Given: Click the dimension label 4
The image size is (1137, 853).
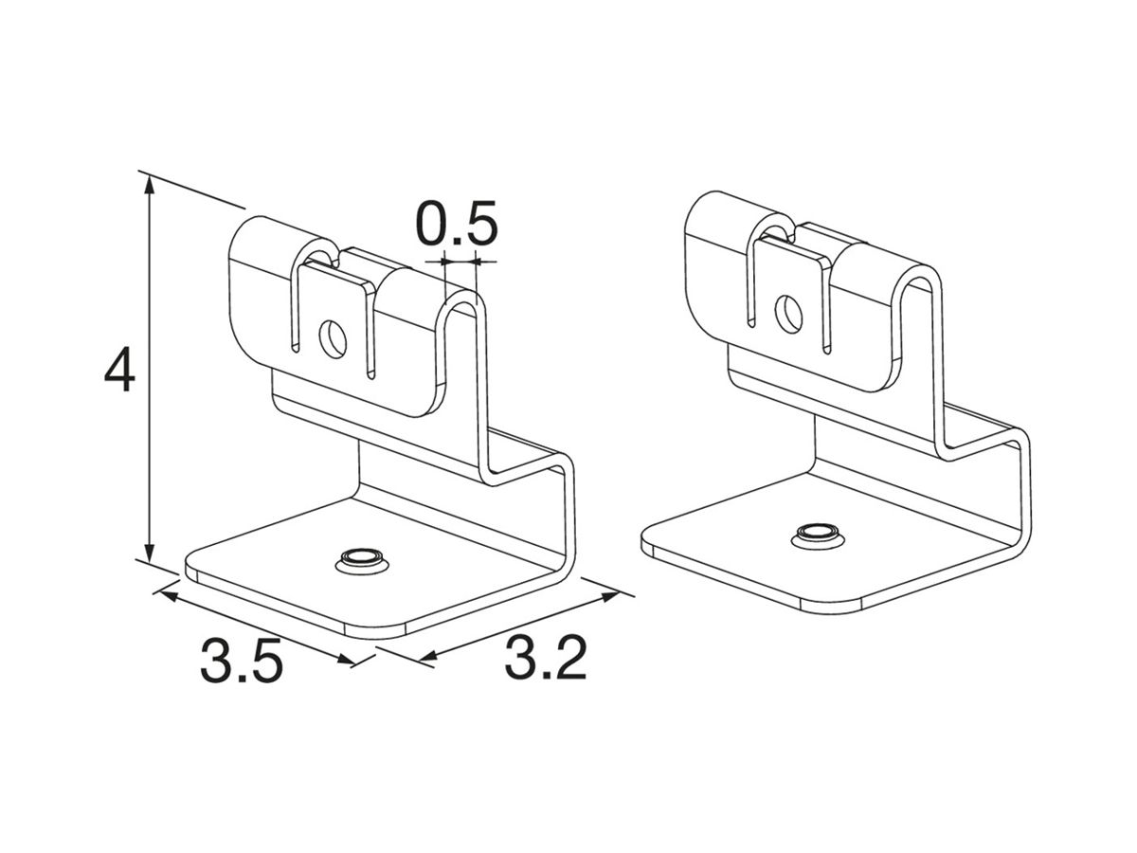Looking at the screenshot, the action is click(120, 370).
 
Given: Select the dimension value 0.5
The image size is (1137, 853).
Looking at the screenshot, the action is click(457, 223).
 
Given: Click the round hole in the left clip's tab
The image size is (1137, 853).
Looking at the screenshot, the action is click(333, 338).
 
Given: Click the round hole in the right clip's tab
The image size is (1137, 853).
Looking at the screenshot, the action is click(788, 314).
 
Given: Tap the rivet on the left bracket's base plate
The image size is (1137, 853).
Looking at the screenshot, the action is click(361, 560).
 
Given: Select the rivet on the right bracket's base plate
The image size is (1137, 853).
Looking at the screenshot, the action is click(817, 534).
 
